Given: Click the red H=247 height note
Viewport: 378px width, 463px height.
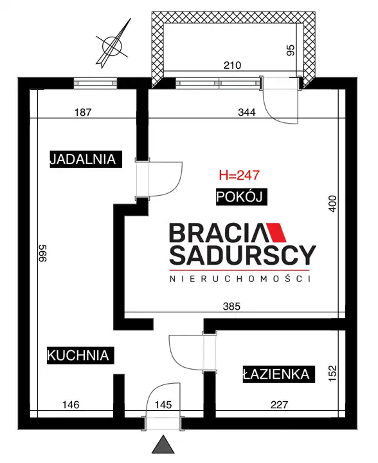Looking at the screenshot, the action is click(x=239, y=175).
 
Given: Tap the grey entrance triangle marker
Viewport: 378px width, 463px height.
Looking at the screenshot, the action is click(x=163, y=444).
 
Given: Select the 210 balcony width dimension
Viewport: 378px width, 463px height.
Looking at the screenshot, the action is click(x=232, y=65).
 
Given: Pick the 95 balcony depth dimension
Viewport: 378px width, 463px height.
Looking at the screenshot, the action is click(x=291, y=50).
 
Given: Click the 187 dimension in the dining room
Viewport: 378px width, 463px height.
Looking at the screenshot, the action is click(x=83, y=113).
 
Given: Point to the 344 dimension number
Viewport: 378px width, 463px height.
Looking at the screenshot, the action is click(x=247, y=113).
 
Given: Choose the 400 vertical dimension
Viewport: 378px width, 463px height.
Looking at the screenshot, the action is click(x=332, y=203).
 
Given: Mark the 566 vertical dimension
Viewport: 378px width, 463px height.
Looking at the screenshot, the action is click(x=42, y=253).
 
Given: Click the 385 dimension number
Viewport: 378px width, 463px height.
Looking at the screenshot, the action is click(x=232, y=307).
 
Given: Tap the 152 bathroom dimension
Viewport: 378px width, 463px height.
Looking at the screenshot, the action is click(x=332, y=373).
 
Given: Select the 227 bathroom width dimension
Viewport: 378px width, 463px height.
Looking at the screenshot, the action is click(x=279, y=404).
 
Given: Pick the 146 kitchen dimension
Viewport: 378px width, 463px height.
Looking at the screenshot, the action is click(x=71, y=404).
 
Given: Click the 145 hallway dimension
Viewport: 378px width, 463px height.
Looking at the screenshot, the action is click(x=163, y=404).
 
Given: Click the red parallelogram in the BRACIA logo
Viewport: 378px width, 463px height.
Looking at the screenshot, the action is click(x=276, y=232).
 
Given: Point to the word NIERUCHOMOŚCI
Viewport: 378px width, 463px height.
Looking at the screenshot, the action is click(x=240, y=279).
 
